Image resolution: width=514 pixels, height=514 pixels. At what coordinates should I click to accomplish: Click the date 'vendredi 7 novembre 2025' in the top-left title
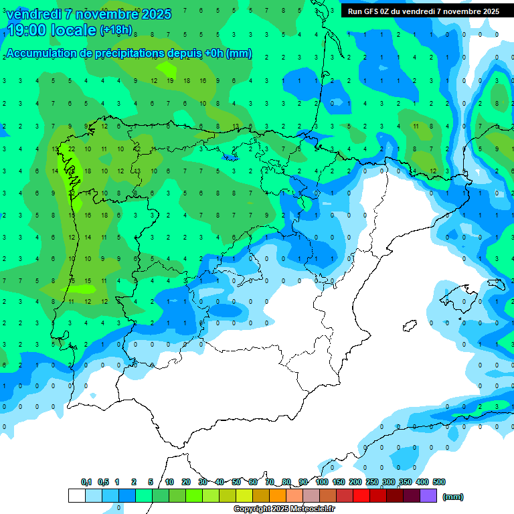[88, 14]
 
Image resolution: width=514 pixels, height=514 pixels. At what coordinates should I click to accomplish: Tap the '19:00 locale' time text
[51, 30]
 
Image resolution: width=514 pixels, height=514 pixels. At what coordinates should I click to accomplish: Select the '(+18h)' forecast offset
[116, 30]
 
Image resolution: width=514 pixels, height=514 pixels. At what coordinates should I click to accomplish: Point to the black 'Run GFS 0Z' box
[423, 11]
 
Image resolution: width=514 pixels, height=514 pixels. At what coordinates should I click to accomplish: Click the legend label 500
[438, 482]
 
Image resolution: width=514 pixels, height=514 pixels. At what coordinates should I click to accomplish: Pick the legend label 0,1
[86, 482]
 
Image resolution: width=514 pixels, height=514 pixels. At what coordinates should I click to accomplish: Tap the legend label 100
[321, 482]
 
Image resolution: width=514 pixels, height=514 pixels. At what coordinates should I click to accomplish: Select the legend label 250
[371, 482]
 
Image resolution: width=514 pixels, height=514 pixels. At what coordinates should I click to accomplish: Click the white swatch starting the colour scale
[76, 495]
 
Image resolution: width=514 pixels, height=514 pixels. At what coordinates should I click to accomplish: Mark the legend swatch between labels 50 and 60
[244, 495]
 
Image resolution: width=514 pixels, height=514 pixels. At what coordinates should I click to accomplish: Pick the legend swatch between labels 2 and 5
[143, 495]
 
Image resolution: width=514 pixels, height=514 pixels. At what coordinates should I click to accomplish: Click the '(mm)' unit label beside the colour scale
[453, 497]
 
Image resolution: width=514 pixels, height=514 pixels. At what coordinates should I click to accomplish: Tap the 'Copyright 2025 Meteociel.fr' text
[284, 509]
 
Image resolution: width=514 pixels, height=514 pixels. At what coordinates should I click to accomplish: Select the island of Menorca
[496, 284]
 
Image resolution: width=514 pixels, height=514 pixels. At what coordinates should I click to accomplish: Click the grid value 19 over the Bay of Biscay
[170, 80]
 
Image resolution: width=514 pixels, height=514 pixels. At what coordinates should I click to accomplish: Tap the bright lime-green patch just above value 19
[165, 68]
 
